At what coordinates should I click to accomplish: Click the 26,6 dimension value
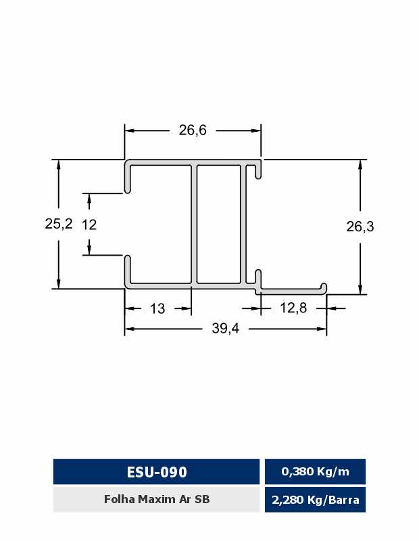click(x=193, y=131)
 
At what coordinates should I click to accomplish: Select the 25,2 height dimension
click(x=59, y=224)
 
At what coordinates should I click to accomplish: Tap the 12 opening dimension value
click(x=89, y=225)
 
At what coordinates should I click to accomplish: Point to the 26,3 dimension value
click(x=360, y=227)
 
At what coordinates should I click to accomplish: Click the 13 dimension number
click(x=157, y=308)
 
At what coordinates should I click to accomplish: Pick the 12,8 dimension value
click(x=293, y=308)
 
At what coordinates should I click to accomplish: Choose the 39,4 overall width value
click(x=225, y=329)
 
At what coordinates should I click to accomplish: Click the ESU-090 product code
click(x=157, y=472)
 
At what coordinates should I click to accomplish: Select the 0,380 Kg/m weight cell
click(x=315, y=471)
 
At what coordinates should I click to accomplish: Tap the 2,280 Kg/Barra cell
click(x=315, y=500)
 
